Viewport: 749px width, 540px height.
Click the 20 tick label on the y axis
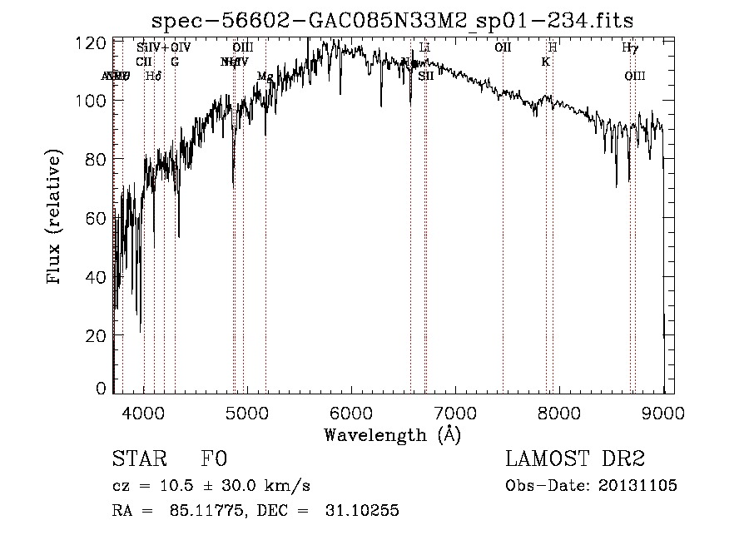98,334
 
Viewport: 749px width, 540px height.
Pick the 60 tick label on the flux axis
98,217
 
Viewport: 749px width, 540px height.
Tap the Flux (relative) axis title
56,217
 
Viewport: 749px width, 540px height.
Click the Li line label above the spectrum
424,47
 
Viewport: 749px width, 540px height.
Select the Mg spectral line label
265,77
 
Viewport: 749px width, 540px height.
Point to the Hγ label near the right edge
630,47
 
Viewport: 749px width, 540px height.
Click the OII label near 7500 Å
503,47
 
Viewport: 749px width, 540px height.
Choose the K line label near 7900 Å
545,62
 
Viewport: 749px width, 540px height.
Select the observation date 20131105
638,486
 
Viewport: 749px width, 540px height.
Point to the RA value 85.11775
201,511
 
